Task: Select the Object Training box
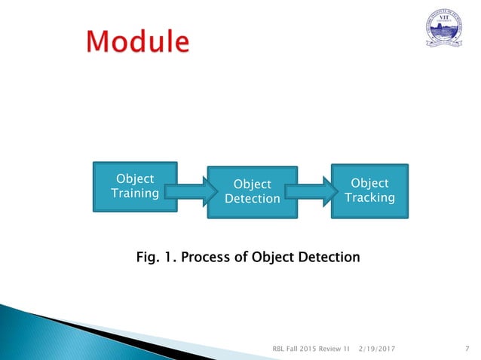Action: click(134, 186)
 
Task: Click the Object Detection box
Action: click(252, 191)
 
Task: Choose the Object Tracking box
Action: click(369, 190)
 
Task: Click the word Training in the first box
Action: click(134, 194)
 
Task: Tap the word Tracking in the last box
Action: click(369, 197)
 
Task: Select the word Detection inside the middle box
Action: click(252, 199)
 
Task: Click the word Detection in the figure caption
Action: click(324, 258)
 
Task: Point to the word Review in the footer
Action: click(334, 349)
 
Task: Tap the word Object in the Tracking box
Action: click(369, 183)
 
